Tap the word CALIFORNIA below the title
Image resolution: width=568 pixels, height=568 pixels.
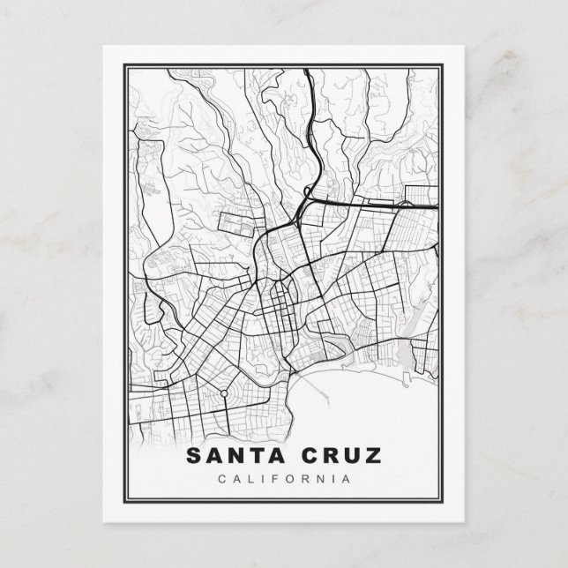284,479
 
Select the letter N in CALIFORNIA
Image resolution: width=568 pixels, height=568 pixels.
326,479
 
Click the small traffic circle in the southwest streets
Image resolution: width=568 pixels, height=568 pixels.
224,392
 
